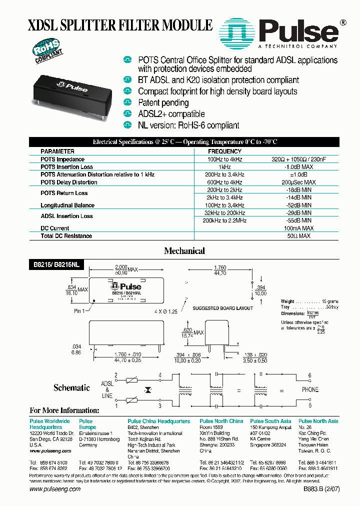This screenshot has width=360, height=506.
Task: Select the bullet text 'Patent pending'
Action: pos(163,102)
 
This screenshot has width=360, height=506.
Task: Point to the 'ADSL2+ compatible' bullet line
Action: pos(171,114)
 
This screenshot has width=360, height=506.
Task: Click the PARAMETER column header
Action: pos(57,151)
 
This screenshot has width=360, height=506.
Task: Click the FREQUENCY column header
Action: pos(224,151)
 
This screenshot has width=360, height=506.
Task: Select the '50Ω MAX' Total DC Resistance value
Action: pos(298,236)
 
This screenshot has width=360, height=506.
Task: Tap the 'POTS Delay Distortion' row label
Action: pos(69,182)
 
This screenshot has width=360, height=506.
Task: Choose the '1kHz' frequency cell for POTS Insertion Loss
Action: pos(224,167)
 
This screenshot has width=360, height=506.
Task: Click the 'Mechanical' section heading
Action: pos(184,250)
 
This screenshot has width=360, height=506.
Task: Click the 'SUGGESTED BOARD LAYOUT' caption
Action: pos(223,308)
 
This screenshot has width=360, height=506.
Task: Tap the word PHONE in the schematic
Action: pos(309,389)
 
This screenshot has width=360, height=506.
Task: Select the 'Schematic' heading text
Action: pos(71,388)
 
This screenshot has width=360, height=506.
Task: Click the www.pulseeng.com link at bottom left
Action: pos(55,489)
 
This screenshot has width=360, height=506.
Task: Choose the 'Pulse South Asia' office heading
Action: pos(270,421)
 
